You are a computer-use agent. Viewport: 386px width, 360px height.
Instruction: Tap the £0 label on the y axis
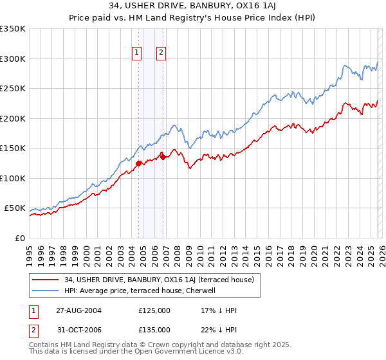point(19,238)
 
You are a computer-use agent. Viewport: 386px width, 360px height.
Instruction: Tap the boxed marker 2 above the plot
point(160,53)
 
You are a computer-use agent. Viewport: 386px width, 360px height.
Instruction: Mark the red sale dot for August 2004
point(139,163)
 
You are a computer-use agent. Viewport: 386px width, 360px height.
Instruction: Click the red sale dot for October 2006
point(163,157)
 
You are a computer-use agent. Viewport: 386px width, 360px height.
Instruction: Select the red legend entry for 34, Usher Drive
point(160,280)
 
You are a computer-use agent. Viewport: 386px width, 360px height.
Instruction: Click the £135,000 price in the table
point(154,330)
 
